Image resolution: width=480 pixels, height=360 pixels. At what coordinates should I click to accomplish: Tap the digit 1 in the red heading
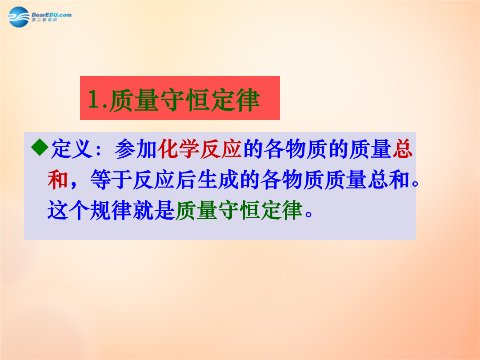pyautogui.click(x=93, y=99)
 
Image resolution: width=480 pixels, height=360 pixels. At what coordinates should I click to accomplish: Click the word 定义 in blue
pyautogui.click(x=72, y=149)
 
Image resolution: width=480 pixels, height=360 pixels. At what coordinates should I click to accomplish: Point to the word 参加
pyautogui.click(x=136, y=149)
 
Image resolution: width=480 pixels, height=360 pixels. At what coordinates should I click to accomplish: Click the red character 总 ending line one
pyautogui.click(x=402, y=149)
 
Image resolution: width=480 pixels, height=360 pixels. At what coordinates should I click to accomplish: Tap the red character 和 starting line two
pyautogui.click(x=58, y=180)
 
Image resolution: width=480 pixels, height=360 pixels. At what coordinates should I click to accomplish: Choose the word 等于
pyautogui.click(x=112, y=180)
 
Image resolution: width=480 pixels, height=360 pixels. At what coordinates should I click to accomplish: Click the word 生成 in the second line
pyautogui.click(x=218, y=180)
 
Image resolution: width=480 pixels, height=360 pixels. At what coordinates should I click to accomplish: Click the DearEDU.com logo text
pyautogui.click(x=52, y=15)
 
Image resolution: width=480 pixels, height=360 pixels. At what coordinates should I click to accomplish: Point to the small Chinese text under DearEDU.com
pyautogui.click(x=44, y=20)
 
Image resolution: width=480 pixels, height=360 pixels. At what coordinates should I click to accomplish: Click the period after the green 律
pyautogui.click(x=309, y=214)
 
